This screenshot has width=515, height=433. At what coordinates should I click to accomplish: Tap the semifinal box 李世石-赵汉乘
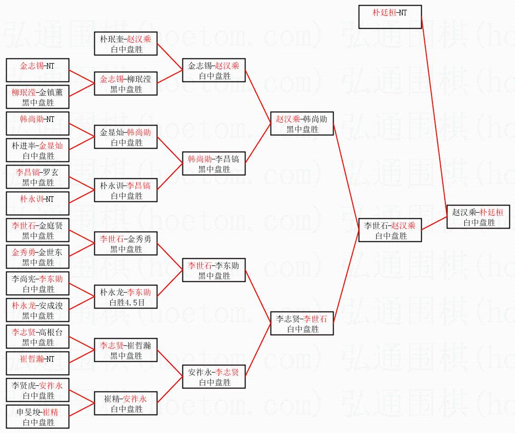tap(390, 230)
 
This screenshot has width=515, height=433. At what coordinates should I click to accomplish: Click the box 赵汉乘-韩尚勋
tap(302, 123)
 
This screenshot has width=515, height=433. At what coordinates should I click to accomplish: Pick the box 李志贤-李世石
tap(302, 323)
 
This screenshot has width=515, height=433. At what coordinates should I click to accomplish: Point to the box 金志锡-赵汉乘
tap(214, 70)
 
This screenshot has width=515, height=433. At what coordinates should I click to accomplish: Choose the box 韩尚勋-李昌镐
tap(214, 163)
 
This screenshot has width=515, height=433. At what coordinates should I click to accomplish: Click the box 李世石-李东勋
tap(214, 270)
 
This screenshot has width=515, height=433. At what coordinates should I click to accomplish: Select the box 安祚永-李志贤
tap(214, 377)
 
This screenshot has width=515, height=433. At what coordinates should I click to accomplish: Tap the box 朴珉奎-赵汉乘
tap(126, 44)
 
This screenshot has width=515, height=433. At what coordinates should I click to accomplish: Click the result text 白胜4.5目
tap(126, 302)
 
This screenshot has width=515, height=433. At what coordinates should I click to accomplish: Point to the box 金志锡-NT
tap(37, 70)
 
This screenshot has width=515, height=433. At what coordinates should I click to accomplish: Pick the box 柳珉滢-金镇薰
tap(37, 97)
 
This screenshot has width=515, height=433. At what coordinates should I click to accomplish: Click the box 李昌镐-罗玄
tap(37, 177)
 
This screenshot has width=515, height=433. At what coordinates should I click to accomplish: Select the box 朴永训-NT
tap(37, 203)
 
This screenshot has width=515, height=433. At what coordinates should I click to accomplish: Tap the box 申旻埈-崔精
tap(37, 417)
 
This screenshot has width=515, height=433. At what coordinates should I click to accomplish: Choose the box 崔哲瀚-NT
tap(37, 363)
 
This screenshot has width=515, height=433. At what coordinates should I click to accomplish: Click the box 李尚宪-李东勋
tap(37, 283)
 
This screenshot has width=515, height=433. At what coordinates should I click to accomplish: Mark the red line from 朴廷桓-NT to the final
tap(434, 113)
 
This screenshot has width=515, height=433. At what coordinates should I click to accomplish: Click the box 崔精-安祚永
tap(126, 403)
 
